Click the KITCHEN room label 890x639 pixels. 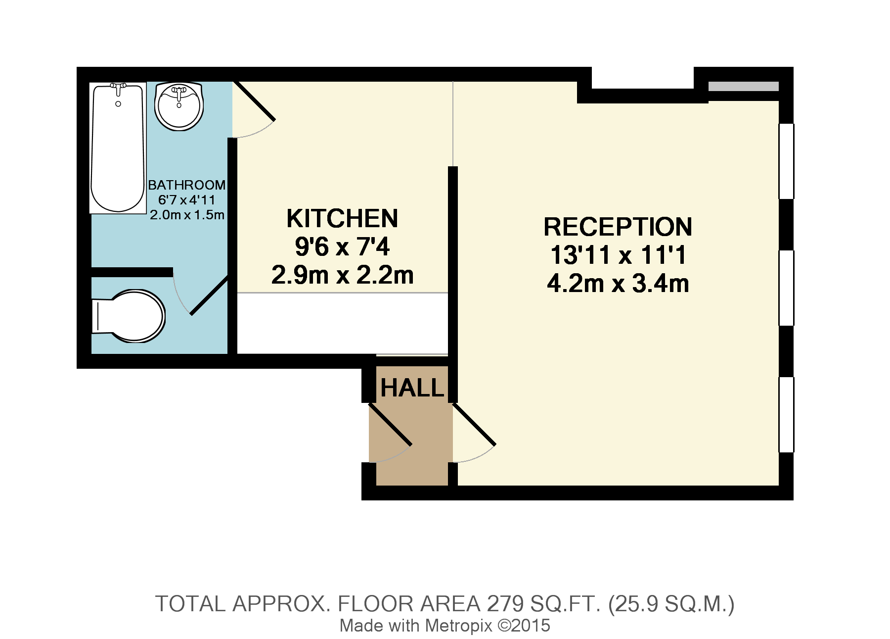pyautogui.click(x=342, y=218)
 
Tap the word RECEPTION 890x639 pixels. pyautogui.click(x=618, y=227)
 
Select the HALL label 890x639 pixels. pyautogui.click(x=412, y=388)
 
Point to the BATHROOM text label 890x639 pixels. pyautogui.click(x=186, y=185)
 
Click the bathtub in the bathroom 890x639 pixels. pyautogui.click(x=118, y=148)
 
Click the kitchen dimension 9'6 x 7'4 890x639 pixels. pyautogui.click(x=342, y=246)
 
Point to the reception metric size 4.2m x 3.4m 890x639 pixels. pyautogui.click(x=618, y=284)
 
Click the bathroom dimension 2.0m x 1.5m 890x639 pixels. pyautogui.click(x=187, y=215)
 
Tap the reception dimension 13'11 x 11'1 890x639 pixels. pyautogui.click(x=618, y=255)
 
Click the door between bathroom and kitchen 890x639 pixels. pyautogui.click(x=254, y=101)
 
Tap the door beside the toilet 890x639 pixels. pyautogui.click(x=209, y=295)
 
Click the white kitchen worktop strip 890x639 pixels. pyautogui.click(x=342, y=323)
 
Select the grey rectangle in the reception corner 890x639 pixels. pyautogui.click(x=743, y=86)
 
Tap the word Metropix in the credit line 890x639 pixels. pyautogui.click(x=458, y=626)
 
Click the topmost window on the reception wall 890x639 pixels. pyautogui.click(x=786, y=161)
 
